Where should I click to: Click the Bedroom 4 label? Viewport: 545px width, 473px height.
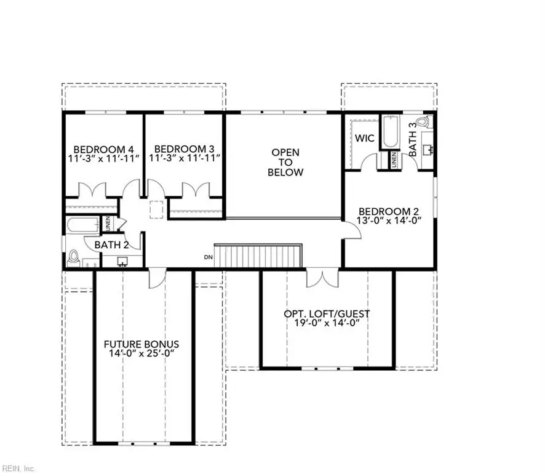(x=104, y=149)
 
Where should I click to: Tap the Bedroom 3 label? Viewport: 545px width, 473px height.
(x=184, y=149)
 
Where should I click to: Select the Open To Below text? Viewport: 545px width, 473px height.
(x=285, y=162)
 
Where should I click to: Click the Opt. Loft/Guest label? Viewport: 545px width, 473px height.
(x=327, y=313)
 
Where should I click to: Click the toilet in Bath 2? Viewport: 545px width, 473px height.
(x=74, y=257)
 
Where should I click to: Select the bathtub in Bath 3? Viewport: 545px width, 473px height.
(x=389, y=132)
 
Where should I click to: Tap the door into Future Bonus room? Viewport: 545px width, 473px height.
(x=156, y=278)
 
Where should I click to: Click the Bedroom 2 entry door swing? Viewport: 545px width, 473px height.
(x=352, y=229)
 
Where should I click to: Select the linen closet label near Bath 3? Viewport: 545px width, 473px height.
(x=394, y=159)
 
